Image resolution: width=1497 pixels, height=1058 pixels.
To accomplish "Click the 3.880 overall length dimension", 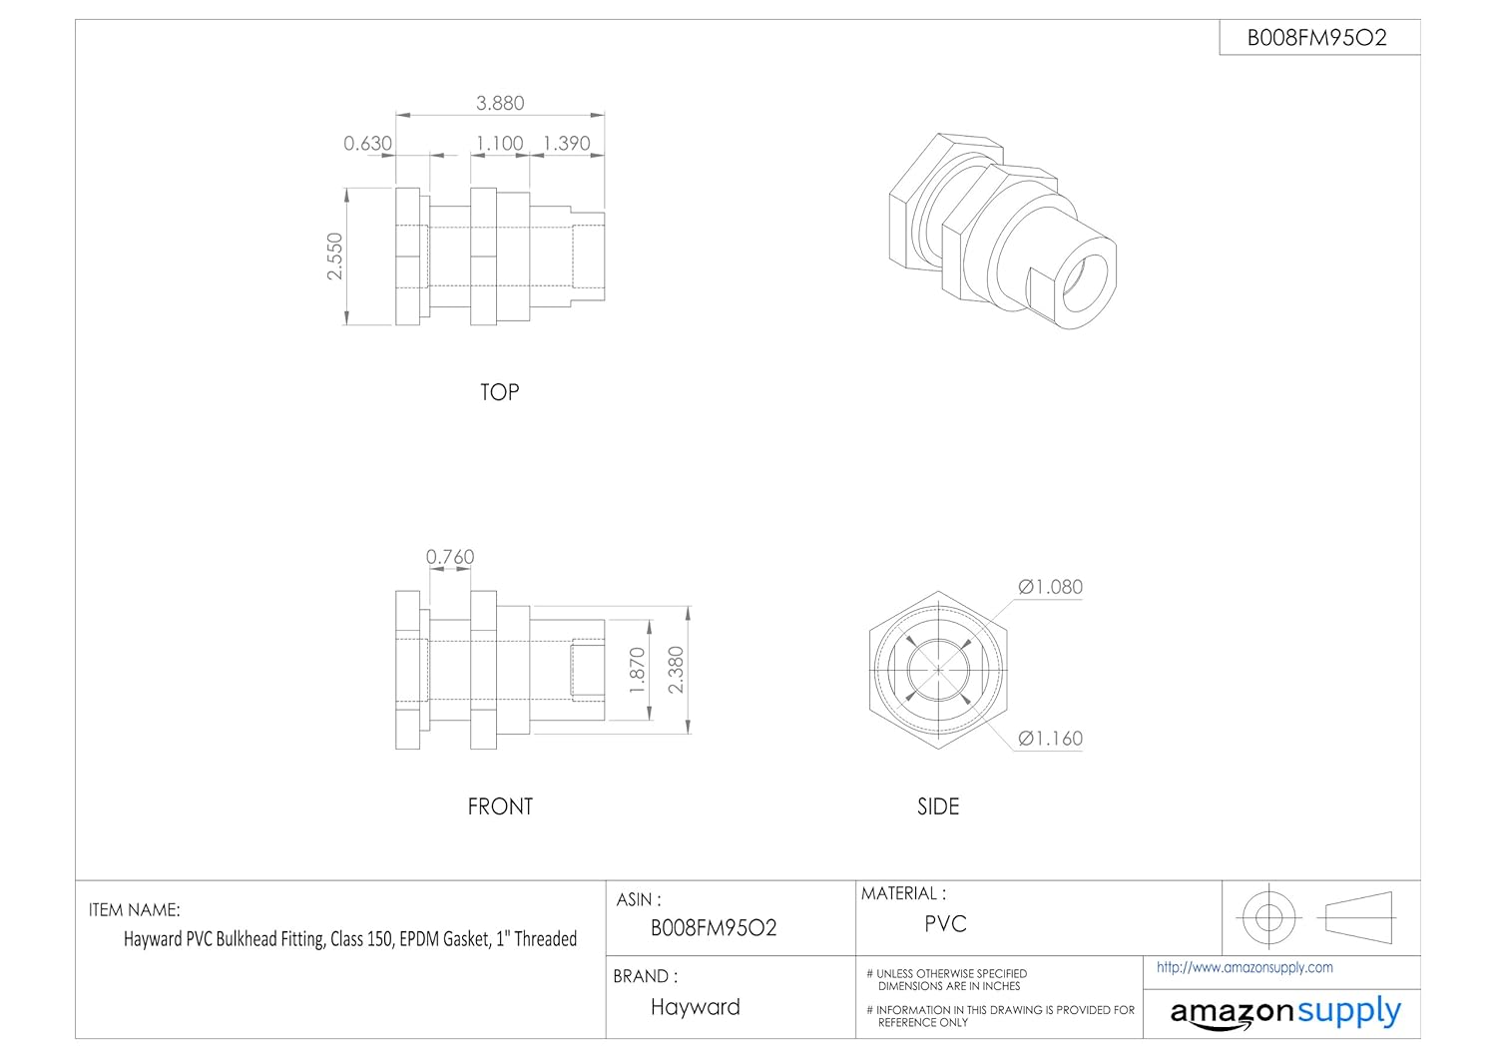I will [x=500, y=103].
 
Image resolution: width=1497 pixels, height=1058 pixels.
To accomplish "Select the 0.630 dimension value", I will [x=367, y=144].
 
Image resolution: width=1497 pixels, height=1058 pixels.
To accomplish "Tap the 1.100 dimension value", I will [x=499, y=144].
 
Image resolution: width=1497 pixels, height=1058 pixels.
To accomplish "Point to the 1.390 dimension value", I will [x=567, y=144].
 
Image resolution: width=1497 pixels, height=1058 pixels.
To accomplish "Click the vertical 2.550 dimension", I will [x=335, y=257].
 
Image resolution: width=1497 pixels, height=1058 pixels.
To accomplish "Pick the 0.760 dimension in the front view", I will [x=450, y=557].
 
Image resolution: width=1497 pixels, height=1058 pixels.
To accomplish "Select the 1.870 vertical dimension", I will [x=639, y=670].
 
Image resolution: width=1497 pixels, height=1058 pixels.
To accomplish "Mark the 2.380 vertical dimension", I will [x=677, y=670].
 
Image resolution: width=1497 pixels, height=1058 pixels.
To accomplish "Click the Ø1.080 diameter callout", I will [x=1050, y=587].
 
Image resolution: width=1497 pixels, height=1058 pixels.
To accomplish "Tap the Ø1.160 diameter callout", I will [x=1050, y=739].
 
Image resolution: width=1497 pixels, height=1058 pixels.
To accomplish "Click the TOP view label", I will [x=500, y=392].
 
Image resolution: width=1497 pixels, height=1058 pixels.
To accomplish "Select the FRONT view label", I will [x=500, y=806].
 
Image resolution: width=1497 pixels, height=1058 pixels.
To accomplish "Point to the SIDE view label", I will [x=938, y=806].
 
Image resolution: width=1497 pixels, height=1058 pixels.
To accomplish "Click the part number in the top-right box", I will [x=1317, y=38].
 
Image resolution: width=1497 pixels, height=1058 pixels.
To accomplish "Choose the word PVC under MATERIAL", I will [x=945, y=924].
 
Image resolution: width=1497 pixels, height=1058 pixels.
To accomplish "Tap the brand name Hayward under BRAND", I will [x=696, y=1007].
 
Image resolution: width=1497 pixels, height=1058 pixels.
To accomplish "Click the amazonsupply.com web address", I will [x=1245, y=967].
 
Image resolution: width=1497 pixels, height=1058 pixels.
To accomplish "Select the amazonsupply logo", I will [x=1285, y=1012].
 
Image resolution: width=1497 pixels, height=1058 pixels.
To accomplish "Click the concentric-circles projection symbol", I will [x=1268, y=916].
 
